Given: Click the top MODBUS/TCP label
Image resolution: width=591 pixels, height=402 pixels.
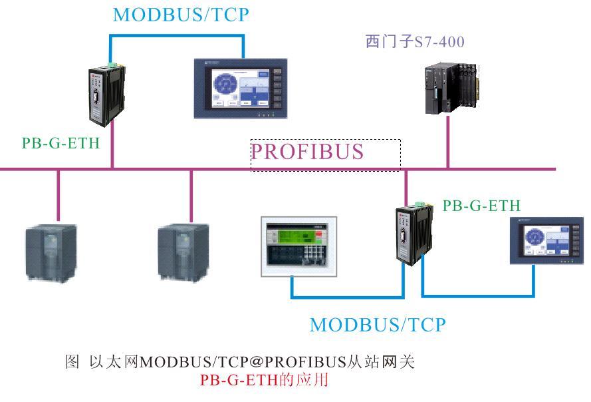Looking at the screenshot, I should [x=181, y=15].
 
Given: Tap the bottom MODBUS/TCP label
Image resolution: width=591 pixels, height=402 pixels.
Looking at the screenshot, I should [x=378, y=325].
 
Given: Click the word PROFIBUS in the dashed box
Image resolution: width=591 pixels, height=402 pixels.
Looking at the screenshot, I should [x=307, y=152].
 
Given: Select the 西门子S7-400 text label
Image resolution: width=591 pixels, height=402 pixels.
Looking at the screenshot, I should [x=415, y=41].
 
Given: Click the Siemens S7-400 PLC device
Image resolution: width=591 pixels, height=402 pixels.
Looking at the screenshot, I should [x=451, y=87].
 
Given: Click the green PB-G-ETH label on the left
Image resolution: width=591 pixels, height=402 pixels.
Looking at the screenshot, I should [x=60, y=143].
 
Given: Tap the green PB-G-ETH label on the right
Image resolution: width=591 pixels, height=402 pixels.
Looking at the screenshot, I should [x=481, y=206].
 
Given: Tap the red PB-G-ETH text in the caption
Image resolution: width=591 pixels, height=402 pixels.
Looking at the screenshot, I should [x=237, y=381].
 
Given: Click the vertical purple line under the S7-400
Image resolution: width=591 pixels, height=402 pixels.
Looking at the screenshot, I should [x=447, y=142].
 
